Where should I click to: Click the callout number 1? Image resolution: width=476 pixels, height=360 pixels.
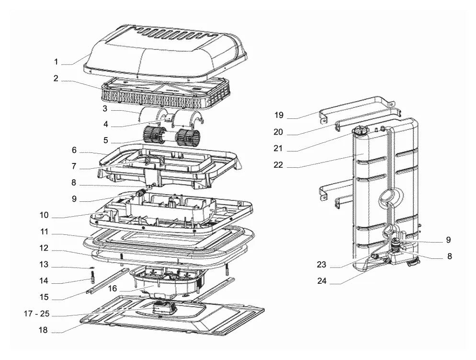pyautogui.click(x=56, y=62)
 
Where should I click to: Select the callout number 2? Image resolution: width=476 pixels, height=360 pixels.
pyautogui.click(x=56, y=78)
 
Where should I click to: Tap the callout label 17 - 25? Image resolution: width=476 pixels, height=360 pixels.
pyautogui.click(x=36, y=314)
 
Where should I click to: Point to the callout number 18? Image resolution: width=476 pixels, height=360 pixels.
pyautogui.click(x=44, y=330)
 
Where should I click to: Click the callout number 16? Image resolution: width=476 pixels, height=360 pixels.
pyautogui.click(x=113, y=288)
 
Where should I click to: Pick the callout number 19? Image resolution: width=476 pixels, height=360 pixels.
pyautogui.click(x=279, y=115)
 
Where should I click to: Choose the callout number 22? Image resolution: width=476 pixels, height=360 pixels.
pyautogui.click(x=278, y=164)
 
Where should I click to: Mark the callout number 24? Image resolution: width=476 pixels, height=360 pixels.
pyautogui.click(x=322, y=281)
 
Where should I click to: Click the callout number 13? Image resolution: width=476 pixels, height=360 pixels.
pyautogui.click(x=44, y=264)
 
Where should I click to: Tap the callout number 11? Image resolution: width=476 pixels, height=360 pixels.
pyautogui.click(x=45, y=232)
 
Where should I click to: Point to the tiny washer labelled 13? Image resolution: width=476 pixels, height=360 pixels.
pyautogui.click(x=91, y=267)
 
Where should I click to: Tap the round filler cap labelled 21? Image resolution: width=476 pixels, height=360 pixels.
pyautogui.click(x=360, y=131)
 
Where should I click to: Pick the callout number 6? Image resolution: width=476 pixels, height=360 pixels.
pyautogui.click(x=74, y=150)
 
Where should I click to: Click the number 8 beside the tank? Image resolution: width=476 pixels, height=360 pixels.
pyautogui.click(x=450, y=256)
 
